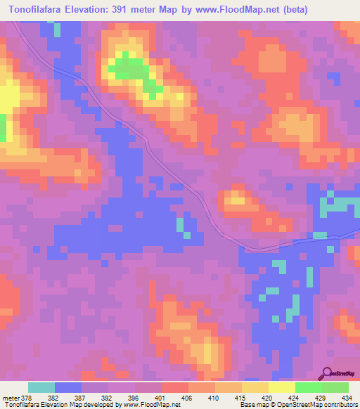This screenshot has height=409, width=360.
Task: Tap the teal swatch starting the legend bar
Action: pos(41,387)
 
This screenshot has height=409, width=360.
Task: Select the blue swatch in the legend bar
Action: pos(68,387)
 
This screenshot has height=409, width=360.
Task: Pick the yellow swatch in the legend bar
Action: pos(281,387)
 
